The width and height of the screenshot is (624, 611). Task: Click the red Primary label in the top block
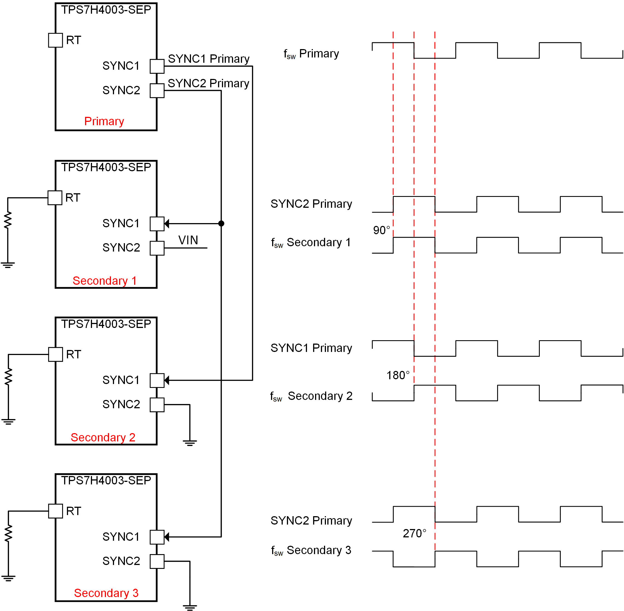tap(104, 121)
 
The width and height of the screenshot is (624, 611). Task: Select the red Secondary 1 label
tap(105, 281)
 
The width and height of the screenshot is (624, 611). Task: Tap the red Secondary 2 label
tap(103, 437)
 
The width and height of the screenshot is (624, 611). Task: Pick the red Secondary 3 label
tap(106, 593)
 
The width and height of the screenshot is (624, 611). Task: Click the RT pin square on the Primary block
tap(55, 40)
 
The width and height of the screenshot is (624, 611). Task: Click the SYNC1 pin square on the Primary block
tap(157, 66)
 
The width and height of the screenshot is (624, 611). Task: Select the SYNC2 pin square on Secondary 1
tap(157, 248)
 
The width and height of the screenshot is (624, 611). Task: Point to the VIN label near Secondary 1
tap(188, 240)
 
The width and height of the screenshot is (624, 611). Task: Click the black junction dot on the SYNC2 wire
tap(221, 223)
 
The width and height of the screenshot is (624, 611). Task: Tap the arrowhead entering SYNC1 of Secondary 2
tap(166, 380)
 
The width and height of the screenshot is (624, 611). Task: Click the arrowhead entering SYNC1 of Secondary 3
tap(166, 537)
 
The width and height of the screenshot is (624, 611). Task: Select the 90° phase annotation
tap(381, 230)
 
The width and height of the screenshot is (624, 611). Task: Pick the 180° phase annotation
tap(398, 375)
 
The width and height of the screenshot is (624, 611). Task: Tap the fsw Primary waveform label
tap(311, 54)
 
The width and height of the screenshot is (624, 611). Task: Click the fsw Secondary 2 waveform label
tap(311, 396)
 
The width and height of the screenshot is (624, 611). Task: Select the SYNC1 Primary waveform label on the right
tap(311, 348)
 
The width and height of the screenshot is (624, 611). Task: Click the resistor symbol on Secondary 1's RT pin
tap(8, 220)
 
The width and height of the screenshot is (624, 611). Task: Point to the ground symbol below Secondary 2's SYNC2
tap(190, 443)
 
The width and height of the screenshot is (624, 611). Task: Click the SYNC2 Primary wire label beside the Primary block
tap(208, 83)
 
